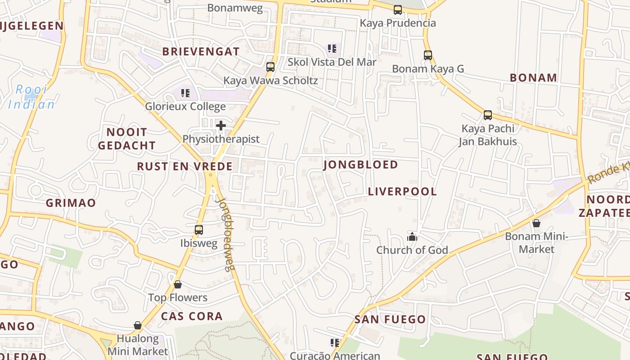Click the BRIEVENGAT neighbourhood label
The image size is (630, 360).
[201, 51]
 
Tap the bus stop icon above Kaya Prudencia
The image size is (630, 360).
[398, 10]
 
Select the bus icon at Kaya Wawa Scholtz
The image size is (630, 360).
[270, 67]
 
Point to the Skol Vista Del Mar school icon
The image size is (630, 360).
[332, 49]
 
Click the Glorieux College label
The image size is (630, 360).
[185, 107]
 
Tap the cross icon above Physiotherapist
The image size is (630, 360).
[221, 126]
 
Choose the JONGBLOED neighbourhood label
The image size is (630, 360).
[360, 165]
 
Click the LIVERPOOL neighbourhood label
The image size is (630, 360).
[402, 192]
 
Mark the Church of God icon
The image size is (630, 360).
[412, 237]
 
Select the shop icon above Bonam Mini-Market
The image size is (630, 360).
[536, 223]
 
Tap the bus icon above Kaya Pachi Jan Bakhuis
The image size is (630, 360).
[488, 115]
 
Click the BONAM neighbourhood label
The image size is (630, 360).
[533, 77]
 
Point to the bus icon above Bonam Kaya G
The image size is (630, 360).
[428, 55]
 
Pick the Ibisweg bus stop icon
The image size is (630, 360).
[199, 230]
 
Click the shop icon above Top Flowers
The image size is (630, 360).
[178, 284]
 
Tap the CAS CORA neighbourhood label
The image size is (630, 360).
[192, 316]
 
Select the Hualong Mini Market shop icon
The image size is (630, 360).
[138, 325]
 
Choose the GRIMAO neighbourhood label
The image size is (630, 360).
[71, 203]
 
